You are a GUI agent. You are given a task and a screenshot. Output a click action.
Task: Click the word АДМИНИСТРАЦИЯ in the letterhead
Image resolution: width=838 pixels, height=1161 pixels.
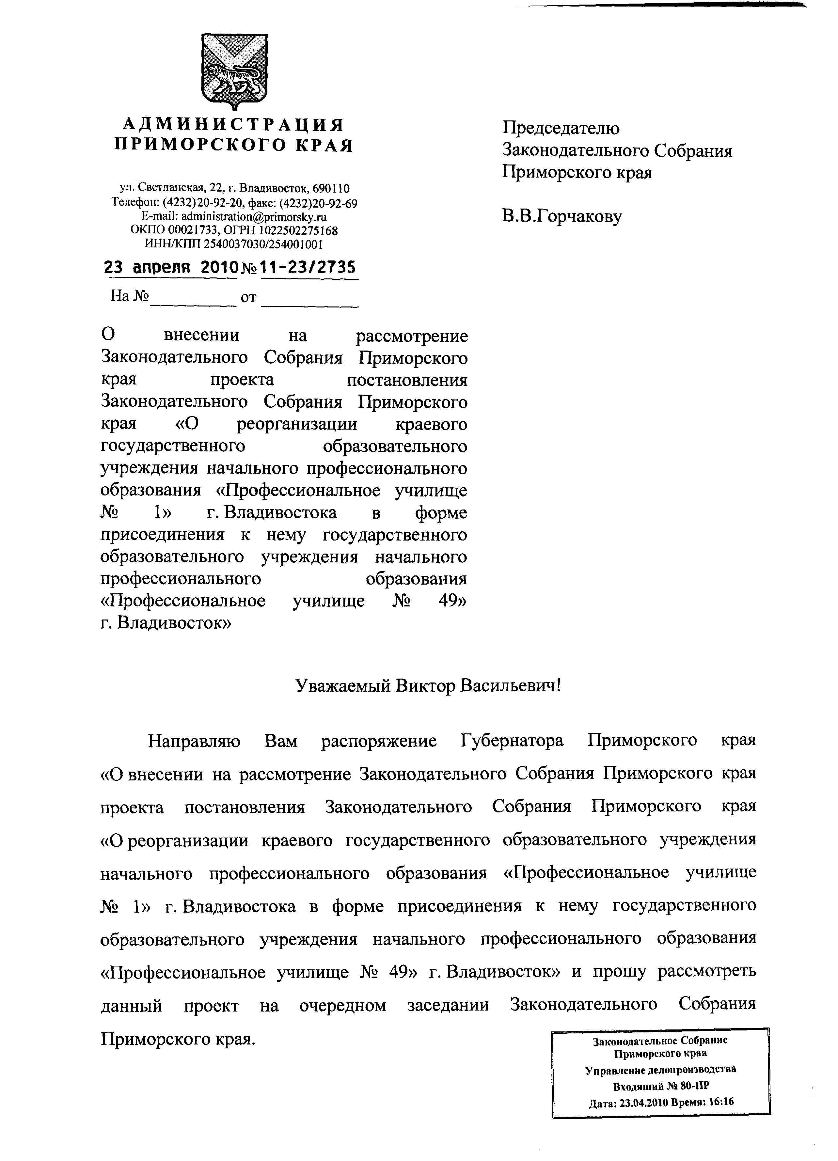point(233,124)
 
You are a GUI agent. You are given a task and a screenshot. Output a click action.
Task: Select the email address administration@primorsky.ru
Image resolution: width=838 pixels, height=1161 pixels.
point(254,216)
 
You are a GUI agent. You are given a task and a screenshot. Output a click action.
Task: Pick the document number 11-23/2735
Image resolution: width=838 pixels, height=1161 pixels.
point(309,268)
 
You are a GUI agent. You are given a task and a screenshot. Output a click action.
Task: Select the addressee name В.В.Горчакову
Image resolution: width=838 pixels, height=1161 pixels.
point(561,216)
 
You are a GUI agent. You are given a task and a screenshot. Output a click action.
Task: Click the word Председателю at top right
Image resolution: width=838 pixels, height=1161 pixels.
point(561,128)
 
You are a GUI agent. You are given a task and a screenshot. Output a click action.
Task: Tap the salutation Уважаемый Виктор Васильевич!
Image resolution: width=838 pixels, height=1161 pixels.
point(429,685)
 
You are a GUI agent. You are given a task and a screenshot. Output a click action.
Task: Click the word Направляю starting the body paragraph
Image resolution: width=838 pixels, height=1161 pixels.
point(194,741)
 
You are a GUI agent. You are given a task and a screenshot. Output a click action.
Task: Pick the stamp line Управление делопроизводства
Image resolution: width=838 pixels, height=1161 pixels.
point(660,1069)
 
